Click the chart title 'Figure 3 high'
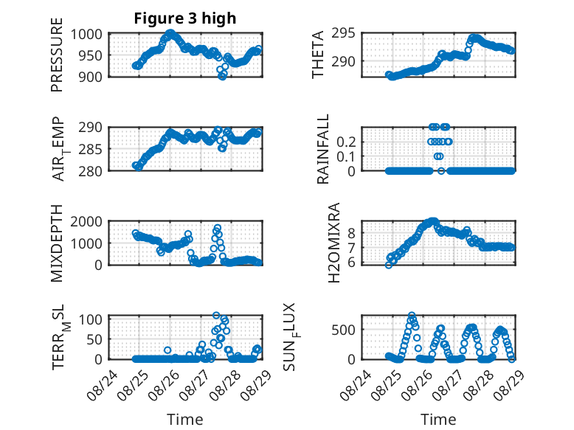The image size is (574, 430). pyautogui.click(x=184, y=18)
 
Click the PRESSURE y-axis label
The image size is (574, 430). pyautogui.click(x=58, y=60)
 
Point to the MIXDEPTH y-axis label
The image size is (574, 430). pyautogui.click(x=58, y=244)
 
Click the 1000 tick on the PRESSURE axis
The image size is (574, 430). pyautogui.click(x=91, y=34)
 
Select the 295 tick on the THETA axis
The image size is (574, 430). pyautogui.click(x=347, y=34)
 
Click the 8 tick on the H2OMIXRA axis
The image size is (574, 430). pyautogui.click(x=353, y=232)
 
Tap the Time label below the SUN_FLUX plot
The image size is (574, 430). pyautogui.click(x=438, y=420)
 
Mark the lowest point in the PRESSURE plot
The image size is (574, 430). pyautogui.click(x=223, y=76)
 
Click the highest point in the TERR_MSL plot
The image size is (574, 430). pyautogui.click(x=217, y=316)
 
